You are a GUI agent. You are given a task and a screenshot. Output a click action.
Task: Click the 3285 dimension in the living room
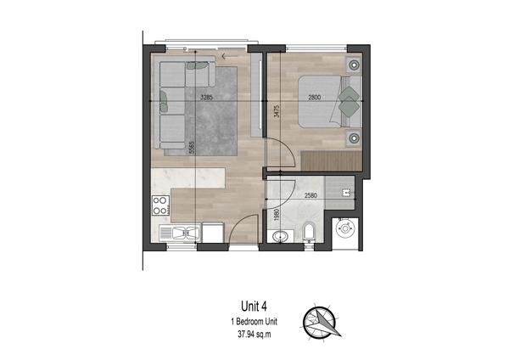coord(206,97)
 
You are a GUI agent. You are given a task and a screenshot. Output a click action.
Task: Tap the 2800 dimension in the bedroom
coord(314,97)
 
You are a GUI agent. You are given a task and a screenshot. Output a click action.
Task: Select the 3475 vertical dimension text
coord(277,111)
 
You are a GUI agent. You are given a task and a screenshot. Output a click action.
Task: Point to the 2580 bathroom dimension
coord(310,195)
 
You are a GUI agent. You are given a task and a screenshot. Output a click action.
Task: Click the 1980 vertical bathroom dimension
coord(277,215)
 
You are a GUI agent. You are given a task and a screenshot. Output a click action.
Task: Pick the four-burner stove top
coord(160,205)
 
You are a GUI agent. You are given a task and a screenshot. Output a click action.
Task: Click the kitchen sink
coord(186,233)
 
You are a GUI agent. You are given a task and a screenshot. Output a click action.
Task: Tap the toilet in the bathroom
coord(309,231)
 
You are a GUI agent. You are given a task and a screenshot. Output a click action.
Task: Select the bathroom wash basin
coord(279,236)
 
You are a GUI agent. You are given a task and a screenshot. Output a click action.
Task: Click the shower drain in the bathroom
coord(345,193)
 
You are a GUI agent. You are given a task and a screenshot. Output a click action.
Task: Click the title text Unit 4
coord(254,306)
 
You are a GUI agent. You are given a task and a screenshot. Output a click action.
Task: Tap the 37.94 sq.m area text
coord(255,335)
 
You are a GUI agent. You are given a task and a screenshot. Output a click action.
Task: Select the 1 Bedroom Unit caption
coord(255,322)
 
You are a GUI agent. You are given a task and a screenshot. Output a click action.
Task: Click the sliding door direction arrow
coord(229,57)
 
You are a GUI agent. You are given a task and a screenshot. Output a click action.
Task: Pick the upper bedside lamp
coord(354,65)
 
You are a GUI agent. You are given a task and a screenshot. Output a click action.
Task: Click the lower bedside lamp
coord(354,138)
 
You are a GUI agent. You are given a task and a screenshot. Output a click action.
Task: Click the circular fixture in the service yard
coord(345,228)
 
